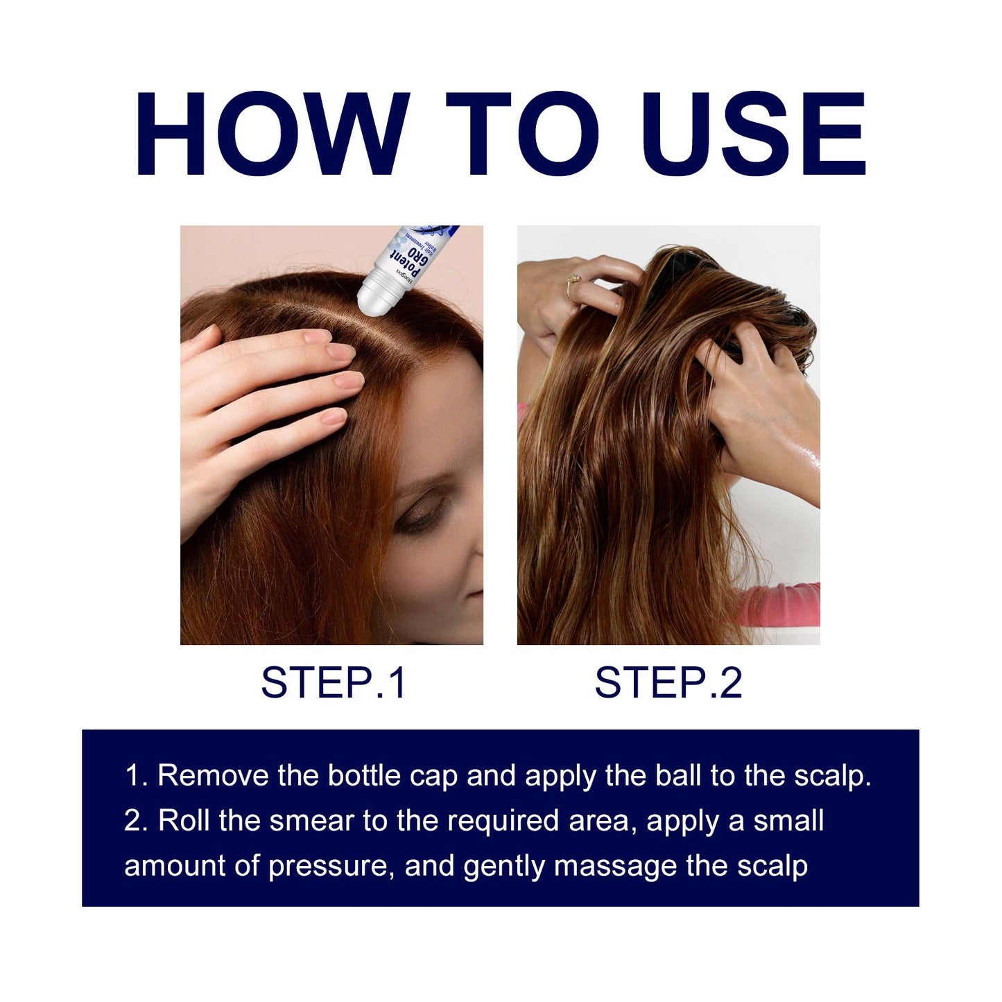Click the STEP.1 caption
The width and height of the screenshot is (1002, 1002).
[333, 682]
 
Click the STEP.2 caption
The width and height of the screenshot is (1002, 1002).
[668, 682]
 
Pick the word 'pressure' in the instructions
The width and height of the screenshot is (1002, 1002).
[327, 867]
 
